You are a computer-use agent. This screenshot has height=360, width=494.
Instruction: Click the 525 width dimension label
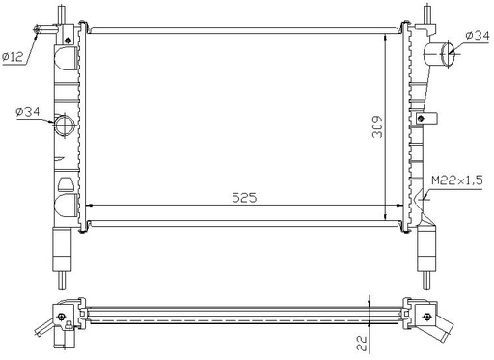point(244,198)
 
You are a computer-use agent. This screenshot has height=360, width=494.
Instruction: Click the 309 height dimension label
point(377,126)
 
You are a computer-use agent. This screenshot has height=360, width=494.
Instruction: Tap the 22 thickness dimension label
point(362,343)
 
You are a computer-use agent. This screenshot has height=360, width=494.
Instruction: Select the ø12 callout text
point(13,57)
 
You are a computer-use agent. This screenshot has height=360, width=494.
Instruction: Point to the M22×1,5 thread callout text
point(457,180)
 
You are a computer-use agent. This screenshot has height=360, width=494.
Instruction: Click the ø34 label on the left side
point(27,112)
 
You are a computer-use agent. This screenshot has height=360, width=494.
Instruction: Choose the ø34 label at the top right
point(478,35)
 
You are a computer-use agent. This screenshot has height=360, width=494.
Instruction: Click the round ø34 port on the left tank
point(65,125)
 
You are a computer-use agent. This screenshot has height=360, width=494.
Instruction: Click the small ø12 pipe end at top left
point(37,30)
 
